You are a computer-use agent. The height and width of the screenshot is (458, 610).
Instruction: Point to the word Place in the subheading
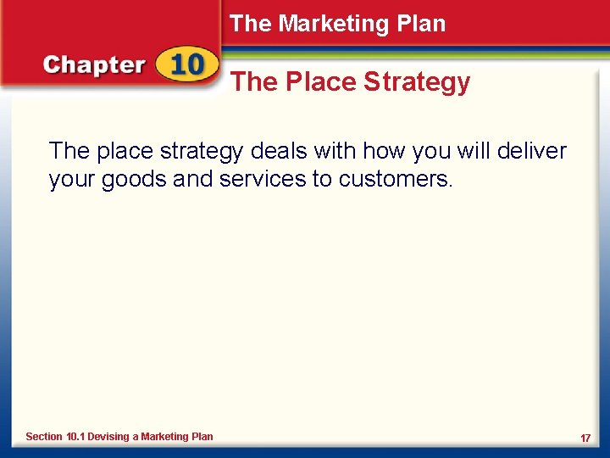pyautogui.click(x=315, y=82)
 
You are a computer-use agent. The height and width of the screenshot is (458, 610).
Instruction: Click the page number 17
pyautogui.click(x=585, y=438)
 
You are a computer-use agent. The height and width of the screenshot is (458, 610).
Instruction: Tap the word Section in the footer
pyautogui.click(x=44, y=437)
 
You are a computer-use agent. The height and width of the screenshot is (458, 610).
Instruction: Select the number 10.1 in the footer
pyautogui.click(x=76, y=437)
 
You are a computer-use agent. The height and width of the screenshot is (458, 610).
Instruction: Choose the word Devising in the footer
pyautogui.click(x=108, y=437)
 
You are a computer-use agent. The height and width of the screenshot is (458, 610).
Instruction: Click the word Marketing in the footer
pyautogui.click(x=165, y=437)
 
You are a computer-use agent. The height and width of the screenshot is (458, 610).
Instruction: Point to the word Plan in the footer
pyautogui.click(x=202, y=437)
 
